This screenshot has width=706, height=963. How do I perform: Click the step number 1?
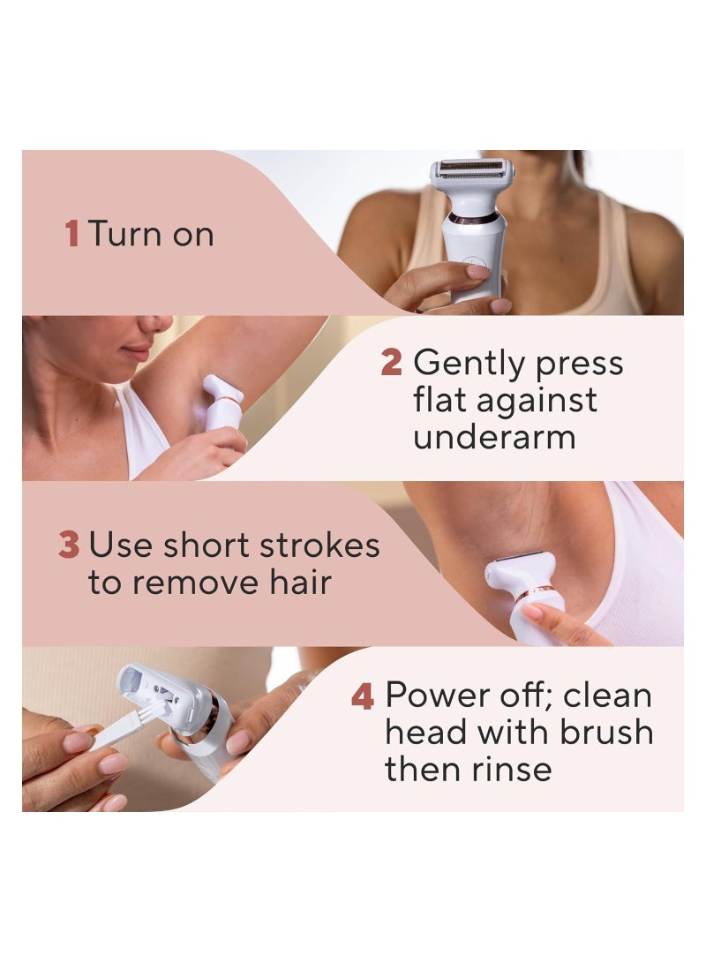tap(72, 234)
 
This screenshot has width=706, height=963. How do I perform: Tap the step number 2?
tap(391, 362)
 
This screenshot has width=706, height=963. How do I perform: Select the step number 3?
tap(69, 545)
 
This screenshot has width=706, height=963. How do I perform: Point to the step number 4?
tap(363, 696)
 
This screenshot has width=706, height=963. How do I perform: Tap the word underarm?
tap(494, 437)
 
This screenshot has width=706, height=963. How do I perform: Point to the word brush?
tap(612, 733)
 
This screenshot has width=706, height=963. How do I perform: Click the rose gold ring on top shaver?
tap(473, 218)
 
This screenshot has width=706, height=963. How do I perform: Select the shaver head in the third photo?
tap(520, 570)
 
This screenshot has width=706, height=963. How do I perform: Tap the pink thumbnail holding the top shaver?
tap(477, 272)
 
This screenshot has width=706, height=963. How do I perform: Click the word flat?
tap(445, 400)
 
